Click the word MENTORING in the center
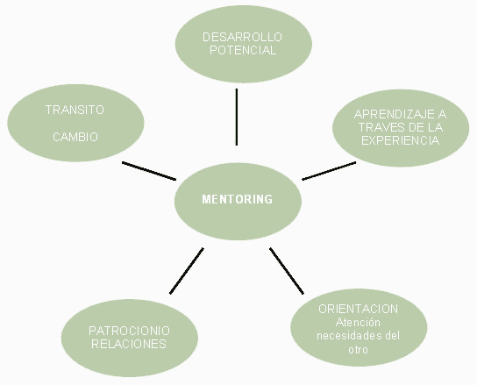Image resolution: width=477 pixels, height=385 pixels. click(238, 199)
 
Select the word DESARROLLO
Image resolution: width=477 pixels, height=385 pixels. click(243, 37)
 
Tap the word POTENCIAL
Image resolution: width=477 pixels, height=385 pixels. click(243, 50)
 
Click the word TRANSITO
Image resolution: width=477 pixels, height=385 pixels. click(75, 110)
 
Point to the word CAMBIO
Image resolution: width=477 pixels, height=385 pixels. click(75, 137)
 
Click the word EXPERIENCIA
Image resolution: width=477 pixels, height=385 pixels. click(401, 140)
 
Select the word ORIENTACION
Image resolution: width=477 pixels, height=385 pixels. click(359, 309)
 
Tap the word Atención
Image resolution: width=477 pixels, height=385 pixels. click(358, 323)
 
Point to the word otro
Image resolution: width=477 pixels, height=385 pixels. click(359, 349)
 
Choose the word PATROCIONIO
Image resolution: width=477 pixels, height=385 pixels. click(129, 331)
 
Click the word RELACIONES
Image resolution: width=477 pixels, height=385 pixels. click(129, 344)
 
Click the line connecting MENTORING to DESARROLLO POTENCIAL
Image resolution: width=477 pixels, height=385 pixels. click(237, 117)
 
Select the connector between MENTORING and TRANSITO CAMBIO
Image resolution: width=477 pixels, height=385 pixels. click(149, 171)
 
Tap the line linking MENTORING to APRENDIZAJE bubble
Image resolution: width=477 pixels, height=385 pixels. click(329, 171)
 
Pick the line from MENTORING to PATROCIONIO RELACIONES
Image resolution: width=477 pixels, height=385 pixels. click(187, 271)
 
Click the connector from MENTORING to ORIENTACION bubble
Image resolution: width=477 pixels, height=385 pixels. click(287, 271)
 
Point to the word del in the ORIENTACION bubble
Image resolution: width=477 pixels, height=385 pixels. click(393, 336)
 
